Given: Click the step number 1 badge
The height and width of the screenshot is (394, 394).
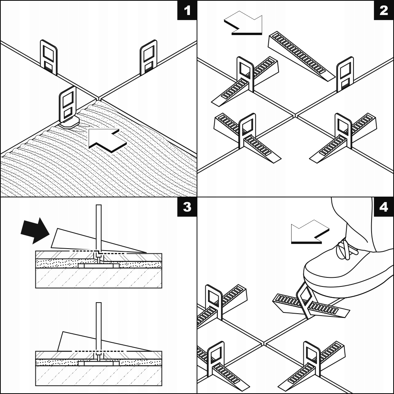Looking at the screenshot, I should pos(187,10).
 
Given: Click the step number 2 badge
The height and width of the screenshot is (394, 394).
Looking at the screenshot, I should pos(384,10).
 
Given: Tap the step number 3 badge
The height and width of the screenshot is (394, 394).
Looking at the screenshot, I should pos(187,207).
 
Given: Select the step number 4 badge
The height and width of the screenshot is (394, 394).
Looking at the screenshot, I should pos(384,207).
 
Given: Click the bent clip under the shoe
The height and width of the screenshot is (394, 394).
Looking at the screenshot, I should pos(305,301).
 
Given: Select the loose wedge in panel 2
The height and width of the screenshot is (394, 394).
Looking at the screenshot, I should pos(301,55).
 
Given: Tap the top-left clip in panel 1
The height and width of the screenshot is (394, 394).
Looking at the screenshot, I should pos(49,57).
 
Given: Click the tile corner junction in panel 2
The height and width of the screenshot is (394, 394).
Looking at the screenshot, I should pos(295,115).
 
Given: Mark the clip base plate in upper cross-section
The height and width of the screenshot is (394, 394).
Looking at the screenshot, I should pos(98,266).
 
